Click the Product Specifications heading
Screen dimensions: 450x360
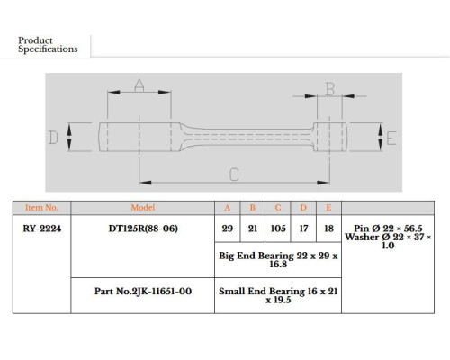[x=48, y=45]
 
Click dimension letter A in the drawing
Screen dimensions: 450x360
[x=139, y=85]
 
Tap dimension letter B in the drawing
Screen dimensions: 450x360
[x=330, y=89]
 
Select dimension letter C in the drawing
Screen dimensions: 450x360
[x=234, y=175]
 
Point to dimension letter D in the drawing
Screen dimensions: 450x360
[x=53, y=138]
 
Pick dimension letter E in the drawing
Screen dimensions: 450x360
[x=391, y=139]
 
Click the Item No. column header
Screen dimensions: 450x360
[x=41, y=208]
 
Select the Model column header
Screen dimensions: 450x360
[x=143, y=208]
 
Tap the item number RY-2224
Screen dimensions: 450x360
[x=42, y=229]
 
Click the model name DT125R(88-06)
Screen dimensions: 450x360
[x=143, y=229]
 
